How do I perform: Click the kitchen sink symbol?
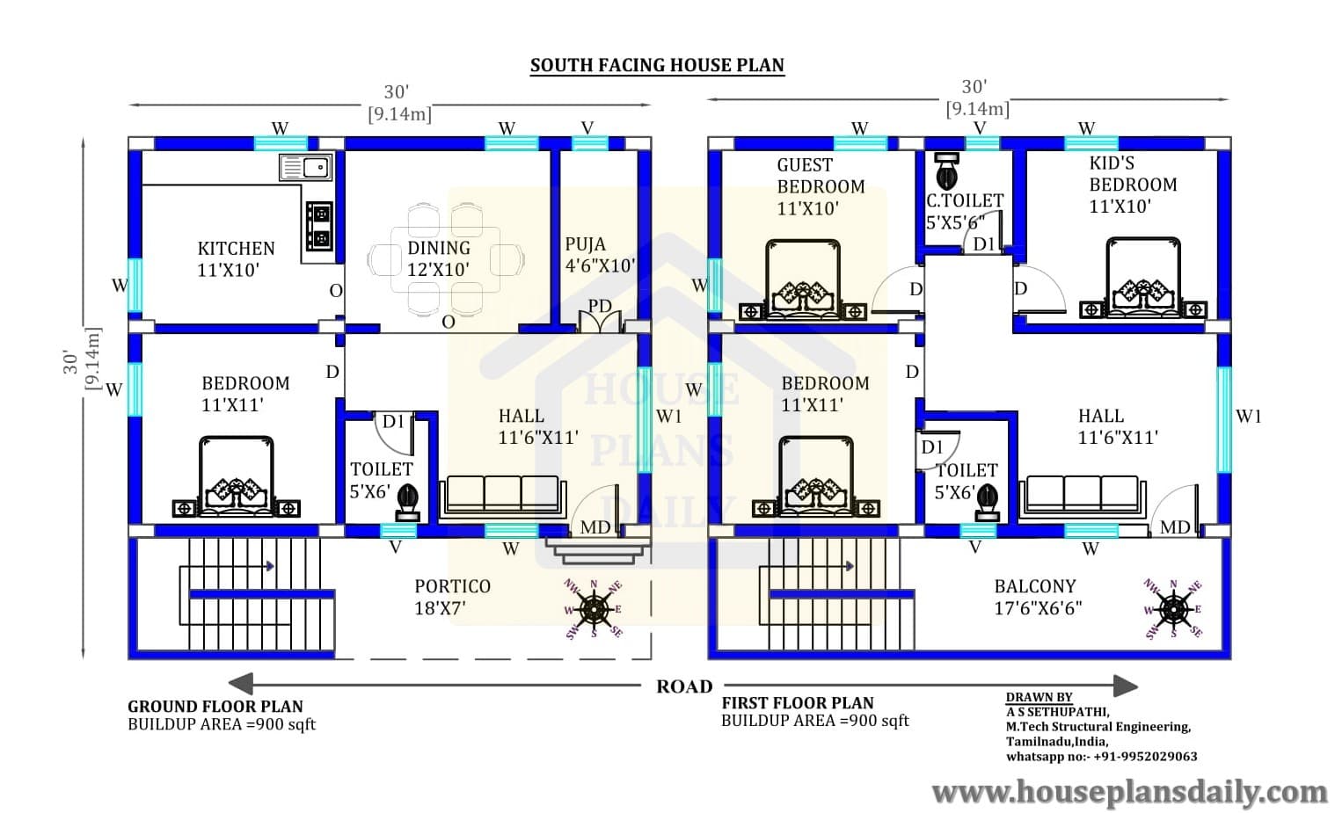(305, 167)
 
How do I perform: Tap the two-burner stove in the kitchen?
(319, 227)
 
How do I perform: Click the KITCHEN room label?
(236, 249)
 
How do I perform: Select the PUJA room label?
(585, 244)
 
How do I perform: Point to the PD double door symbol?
(600, 319)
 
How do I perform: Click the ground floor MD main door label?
(595, 527)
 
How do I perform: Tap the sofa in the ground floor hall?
(502, 497)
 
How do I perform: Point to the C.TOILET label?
(965, 200)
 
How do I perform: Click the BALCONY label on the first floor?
(1035, 586)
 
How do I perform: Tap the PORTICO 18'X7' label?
(452, 598)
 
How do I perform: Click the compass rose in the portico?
(594, 609)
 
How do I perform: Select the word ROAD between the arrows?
(684, 686)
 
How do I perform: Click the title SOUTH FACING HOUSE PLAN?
(657, 65)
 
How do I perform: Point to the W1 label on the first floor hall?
(1248, 417)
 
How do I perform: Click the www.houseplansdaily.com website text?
(1130, 793)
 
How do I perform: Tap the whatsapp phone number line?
(1101, 757)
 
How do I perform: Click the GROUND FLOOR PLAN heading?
(215, 707)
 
